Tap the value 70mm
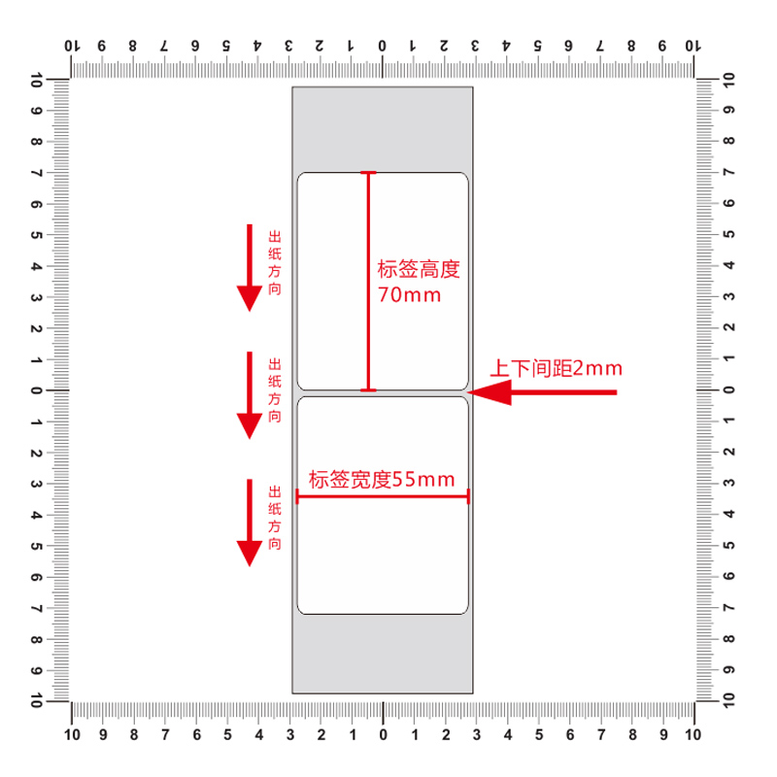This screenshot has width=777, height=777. click(x=409, y=294)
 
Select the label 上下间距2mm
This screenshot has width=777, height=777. click(x=555, y=368)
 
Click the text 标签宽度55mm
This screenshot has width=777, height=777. click(x=382, y=479)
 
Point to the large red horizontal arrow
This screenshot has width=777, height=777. click(x=544, y=392)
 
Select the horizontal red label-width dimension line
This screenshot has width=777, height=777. click(x=382, y=496)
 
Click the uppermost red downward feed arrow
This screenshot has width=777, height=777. click(x=250, y=267)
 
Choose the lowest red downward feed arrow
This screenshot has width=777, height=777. click(x=250, y=523)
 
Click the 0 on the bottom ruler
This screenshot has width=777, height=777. click(x=382, y=734)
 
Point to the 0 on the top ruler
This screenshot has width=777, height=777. click(x=382, y=46)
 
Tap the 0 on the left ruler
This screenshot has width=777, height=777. click(x=36, y=390)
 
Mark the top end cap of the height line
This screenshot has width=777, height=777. click(x=368, y=173)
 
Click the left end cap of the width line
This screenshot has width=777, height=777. click(x=297, y=496)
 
